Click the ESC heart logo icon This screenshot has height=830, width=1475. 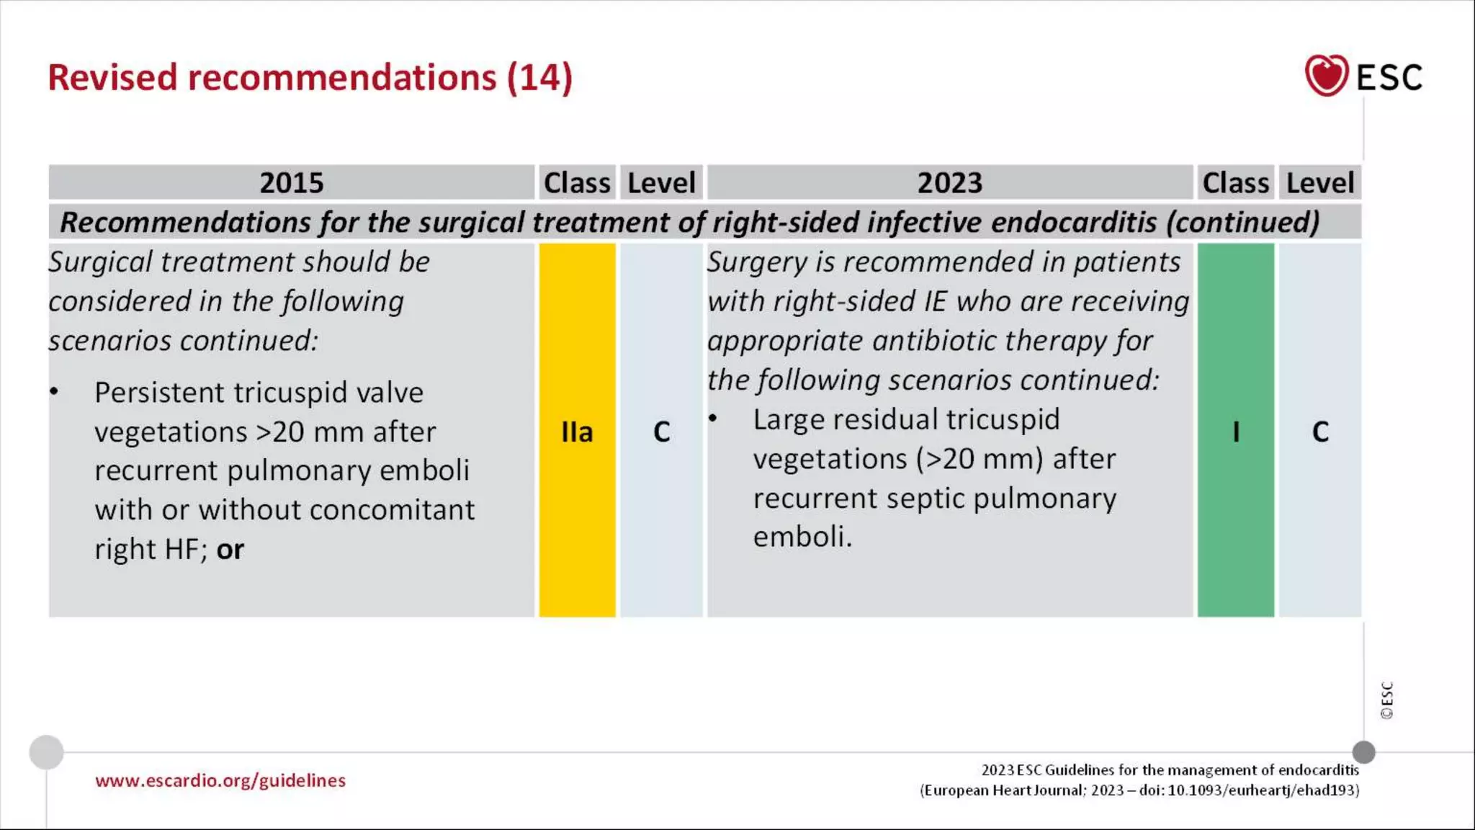[x=1326, y=76]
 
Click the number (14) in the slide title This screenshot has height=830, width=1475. [x=539, y=78]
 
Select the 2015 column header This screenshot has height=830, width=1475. [x=291, y=183]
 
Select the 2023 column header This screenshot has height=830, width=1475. [x=949, y=183]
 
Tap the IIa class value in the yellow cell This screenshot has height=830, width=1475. [x=577, y=432]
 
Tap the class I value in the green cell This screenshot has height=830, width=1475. [x=1236, y=432]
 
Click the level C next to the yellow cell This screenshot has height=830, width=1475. [x=661, y=432]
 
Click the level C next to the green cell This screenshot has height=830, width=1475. [x=1320, y=432]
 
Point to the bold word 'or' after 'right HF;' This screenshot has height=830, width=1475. [x=230, y=550]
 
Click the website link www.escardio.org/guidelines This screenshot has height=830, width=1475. [x=220, y=781]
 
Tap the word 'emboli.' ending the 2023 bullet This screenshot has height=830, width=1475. [x=802, y=537]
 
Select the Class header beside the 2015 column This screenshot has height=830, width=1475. [x=577, y=183]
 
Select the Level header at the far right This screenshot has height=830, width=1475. [x=1320, y=183]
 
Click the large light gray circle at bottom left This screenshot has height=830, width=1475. [x=46, y=752]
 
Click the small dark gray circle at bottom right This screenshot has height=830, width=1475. [x=1363, y=752]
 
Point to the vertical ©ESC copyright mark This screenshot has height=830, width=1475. [x=1386, y=700]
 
